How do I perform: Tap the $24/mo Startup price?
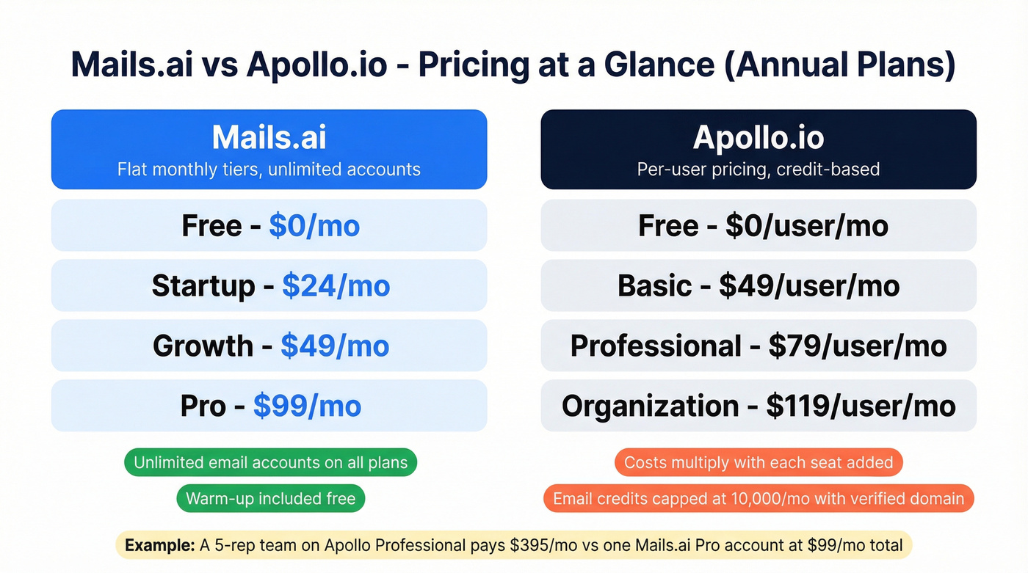(336, 286)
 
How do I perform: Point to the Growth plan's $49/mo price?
(334, 346)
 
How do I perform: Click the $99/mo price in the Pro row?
(307, 406)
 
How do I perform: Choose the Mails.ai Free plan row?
(269, 226)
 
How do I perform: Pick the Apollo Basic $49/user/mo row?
(759, 286)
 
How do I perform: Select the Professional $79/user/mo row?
(759, 346)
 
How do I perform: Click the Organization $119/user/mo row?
(759, 406)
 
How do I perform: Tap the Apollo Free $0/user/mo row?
(759, 226)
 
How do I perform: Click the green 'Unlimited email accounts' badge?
(270, 463)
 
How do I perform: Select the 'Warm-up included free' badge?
(270, 500)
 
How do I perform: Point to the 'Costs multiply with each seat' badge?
(759, 463)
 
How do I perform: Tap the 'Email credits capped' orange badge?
(759, 500)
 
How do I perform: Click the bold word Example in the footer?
(159, 546)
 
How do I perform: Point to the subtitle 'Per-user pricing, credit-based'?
(759, 170)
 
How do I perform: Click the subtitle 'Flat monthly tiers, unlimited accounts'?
(269, 170)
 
